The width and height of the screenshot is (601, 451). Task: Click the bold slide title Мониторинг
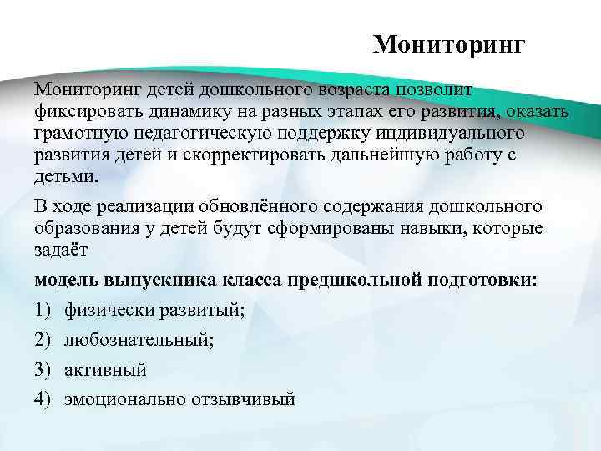click(449, 43)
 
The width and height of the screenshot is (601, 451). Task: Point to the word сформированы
click(326, 228)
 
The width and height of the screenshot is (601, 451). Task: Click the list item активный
click(106, 369)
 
